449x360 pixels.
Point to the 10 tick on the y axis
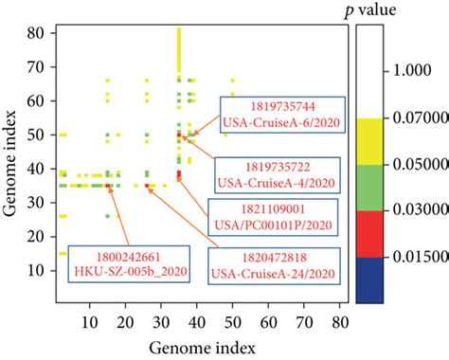41,270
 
